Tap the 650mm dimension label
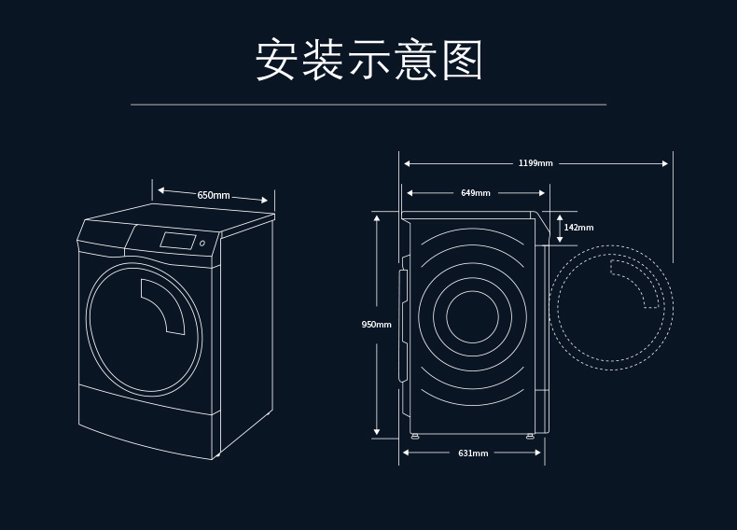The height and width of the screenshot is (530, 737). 214,195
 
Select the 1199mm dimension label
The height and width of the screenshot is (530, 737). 535,163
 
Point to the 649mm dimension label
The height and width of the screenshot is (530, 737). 475,193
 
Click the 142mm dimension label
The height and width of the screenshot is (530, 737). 578,228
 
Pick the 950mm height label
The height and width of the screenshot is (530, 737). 376,324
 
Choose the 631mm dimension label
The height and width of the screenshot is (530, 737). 473,453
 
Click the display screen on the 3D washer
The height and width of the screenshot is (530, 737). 178,241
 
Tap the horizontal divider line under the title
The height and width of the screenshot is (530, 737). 368,105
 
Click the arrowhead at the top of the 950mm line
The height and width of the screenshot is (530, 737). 377,217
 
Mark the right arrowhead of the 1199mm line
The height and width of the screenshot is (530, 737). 665,163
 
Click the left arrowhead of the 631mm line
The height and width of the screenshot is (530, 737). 406,453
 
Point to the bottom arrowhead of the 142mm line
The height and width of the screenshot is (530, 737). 559,240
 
